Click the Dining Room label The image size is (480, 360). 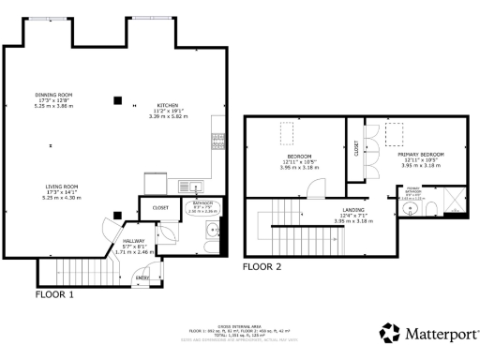point(52,96)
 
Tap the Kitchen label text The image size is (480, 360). point(168,105)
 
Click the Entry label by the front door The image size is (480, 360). point(143,278)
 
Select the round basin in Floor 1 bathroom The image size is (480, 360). point(215,228)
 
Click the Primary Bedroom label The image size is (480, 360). point(421,153)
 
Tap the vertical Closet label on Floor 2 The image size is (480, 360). point(356,148)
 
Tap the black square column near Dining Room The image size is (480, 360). point(117,99)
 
